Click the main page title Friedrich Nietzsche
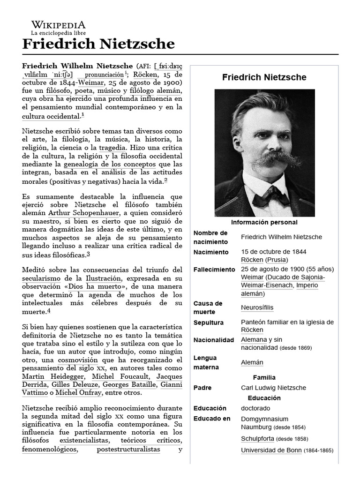[98, 44]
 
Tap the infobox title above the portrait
[264, 77]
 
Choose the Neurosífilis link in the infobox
[257, 307]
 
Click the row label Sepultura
[209, 322]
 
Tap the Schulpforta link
[257, 439]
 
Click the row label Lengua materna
[206, 362]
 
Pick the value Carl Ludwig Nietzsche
[273, 388]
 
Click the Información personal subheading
[264, 222]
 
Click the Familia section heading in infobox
[264, 377]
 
